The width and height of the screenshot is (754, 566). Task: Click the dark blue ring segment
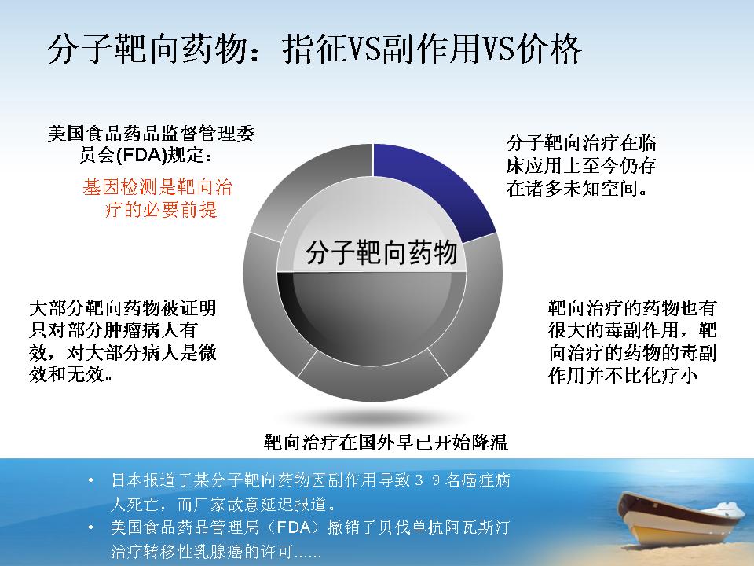click(x=433, y=188)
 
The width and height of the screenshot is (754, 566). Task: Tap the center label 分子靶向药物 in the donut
click(x=381, y=252)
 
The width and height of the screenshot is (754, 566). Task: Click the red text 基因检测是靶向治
click(x=157, y=187)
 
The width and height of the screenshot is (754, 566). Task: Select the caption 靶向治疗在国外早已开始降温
click(x=386, y=442)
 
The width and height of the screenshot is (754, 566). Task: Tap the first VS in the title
click(x=364, y=49)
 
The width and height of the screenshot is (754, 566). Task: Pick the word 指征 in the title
click(x=314, y=49)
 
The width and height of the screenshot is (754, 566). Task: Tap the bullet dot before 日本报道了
click(x=91, y=480)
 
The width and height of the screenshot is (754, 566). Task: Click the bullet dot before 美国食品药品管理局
click(x=91, y=527)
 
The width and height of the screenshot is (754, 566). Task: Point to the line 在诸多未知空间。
click(x=577, y=188)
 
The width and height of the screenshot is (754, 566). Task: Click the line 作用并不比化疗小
click(x=623, y=376)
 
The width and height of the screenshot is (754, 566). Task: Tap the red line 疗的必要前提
click(x=161, y=209)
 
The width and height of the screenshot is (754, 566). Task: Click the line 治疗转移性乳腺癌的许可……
click(x=215, y=551)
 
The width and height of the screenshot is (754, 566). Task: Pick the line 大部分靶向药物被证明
click(x=123, y=307)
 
